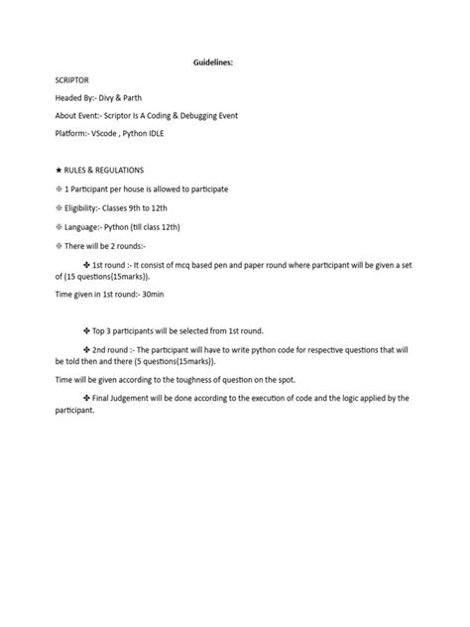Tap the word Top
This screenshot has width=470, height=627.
pos(101,331)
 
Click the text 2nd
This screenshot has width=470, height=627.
pos(102,350)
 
